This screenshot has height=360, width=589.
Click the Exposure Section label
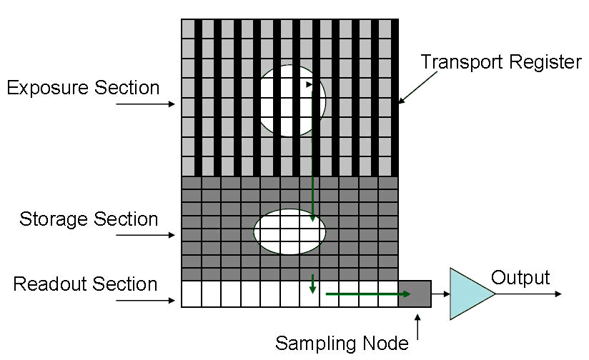[83, 88]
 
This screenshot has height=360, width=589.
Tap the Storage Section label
[89, 219]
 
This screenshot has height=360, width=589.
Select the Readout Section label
[86, 284]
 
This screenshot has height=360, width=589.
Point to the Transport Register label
[500, 62]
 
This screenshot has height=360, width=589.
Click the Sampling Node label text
[342, 344]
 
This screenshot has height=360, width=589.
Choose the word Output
[520, 278]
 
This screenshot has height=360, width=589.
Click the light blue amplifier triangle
[468, 293]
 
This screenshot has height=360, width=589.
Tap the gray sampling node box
[415, 293]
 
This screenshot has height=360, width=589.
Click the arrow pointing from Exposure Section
[145, 104]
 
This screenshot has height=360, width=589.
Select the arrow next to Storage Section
[145, 235]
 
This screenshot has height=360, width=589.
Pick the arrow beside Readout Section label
[145, 301]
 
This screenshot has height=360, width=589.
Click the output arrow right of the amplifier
[529, 293]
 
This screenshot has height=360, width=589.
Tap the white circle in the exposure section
[290, 101]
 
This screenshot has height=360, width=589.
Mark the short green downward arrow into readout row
[312, 283]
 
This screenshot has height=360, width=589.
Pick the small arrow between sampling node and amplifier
[440, 293]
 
